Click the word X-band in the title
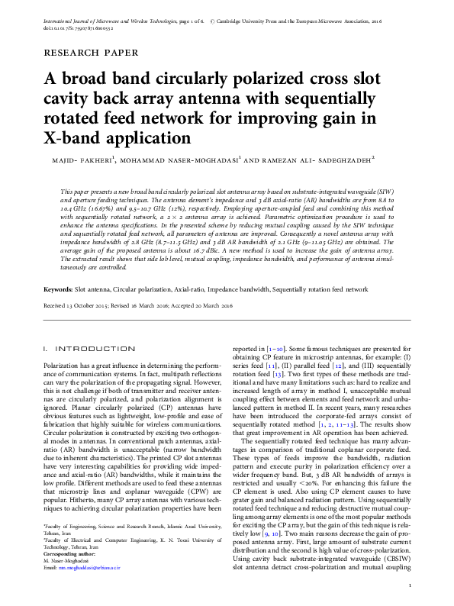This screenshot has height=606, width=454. point(76,140)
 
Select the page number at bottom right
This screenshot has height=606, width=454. point(410,585)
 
